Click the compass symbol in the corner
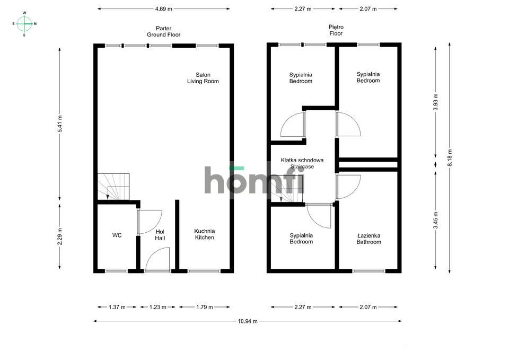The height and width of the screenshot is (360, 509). [x=24, y=23]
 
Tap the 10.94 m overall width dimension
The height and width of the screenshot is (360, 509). [x=247, y=321]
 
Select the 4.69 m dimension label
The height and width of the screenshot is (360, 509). [x=163, y=9]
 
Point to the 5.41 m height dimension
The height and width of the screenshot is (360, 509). [x=60, y=125]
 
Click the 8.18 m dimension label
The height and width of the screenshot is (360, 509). [x=450, y=159]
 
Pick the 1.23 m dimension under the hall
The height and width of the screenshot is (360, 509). [x=157, y=307]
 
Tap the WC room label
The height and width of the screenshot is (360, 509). [x=117, y=235]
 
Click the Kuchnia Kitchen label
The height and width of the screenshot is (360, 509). [x=204, y=234]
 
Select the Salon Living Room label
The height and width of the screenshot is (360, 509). [x=203, y=78]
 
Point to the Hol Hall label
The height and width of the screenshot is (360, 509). [x=160, y=235]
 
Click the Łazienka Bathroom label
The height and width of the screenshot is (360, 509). [x=368, y=239]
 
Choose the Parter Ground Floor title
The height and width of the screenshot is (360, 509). [x=163, y=31]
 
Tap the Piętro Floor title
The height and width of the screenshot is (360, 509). [x=336, y=30]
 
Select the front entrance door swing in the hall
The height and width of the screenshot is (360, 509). [x=159, y=259]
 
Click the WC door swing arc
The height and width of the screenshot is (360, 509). [x=151, y=222]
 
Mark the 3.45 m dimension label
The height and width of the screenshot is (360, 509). [x=435, y=219]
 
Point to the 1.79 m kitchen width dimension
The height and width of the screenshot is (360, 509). [x=204, y=307]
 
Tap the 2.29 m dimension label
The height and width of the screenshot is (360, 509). [x=60, y=235]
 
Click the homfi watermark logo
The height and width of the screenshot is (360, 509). [x=254, y=180]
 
